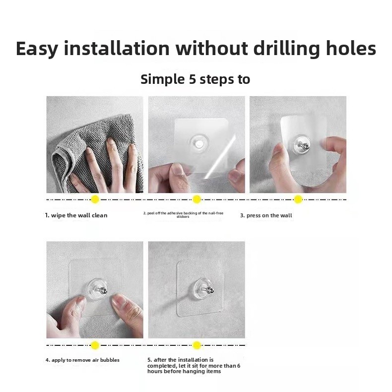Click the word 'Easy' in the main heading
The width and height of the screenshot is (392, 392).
click(37, 49)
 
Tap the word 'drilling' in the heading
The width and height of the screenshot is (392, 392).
click(286, 49)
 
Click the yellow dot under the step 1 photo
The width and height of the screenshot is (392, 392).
click(95, 199)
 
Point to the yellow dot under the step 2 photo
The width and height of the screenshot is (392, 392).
click(197, 199)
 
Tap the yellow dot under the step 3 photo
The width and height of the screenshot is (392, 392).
click(298, 199)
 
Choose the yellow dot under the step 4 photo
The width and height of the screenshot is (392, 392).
click(95, 345)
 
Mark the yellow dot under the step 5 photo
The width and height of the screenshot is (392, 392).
click(197, 345)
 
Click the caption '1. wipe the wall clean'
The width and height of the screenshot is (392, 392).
click(76, 215)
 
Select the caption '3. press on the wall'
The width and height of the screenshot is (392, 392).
click(266, 215)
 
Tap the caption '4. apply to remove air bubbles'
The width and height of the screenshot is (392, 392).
click(82, 360)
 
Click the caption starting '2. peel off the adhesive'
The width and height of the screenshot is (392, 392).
click(183, 215)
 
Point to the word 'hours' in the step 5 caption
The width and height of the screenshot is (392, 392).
click(155, 371)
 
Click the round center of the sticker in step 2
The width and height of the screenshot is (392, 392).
click(199, 143)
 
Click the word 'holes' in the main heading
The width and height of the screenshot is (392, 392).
click(351, 49)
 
